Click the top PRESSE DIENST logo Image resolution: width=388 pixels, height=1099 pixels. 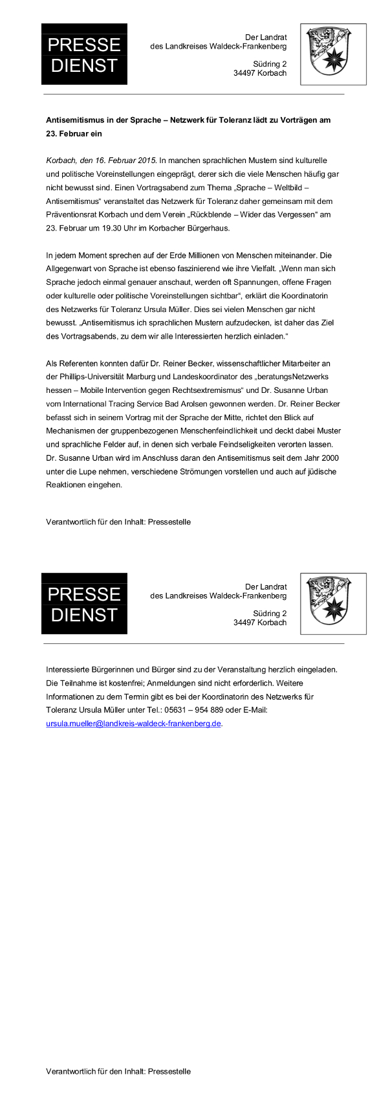tap(84, 54)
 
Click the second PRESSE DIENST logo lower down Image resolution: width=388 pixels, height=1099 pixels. tap(84, 603)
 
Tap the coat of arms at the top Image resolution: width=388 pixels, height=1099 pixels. tap(333, 54)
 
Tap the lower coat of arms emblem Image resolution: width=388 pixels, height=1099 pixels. tap(333, 603)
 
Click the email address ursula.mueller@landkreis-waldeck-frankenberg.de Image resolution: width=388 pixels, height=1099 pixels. tap(134, 724)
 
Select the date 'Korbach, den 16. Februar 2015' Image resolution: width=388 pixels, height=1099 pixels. tap(102, 161)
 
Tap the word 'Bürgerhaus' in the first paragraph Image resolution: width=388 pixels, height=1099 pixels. tap(210, 228)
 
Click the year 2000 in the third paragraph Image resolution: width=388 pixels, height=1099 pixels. tap(329, 458)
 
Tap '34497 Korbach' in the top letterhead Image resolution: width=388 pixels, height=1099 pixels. tap(260, 74)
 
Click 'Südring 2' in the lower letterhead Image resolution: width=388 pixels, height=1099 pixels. tap(270, 613)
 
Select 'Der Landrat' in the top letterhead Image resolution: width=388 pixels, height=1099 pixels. tap(266, 38)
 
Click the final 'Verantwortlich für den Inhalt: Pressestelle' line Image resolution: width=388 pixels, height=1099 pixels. tap(118, 1071)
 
